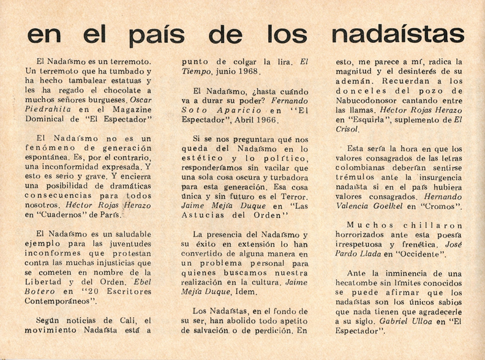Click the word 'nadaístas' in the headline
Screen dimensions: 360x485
pyautogui.click(x=399, y=32)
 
